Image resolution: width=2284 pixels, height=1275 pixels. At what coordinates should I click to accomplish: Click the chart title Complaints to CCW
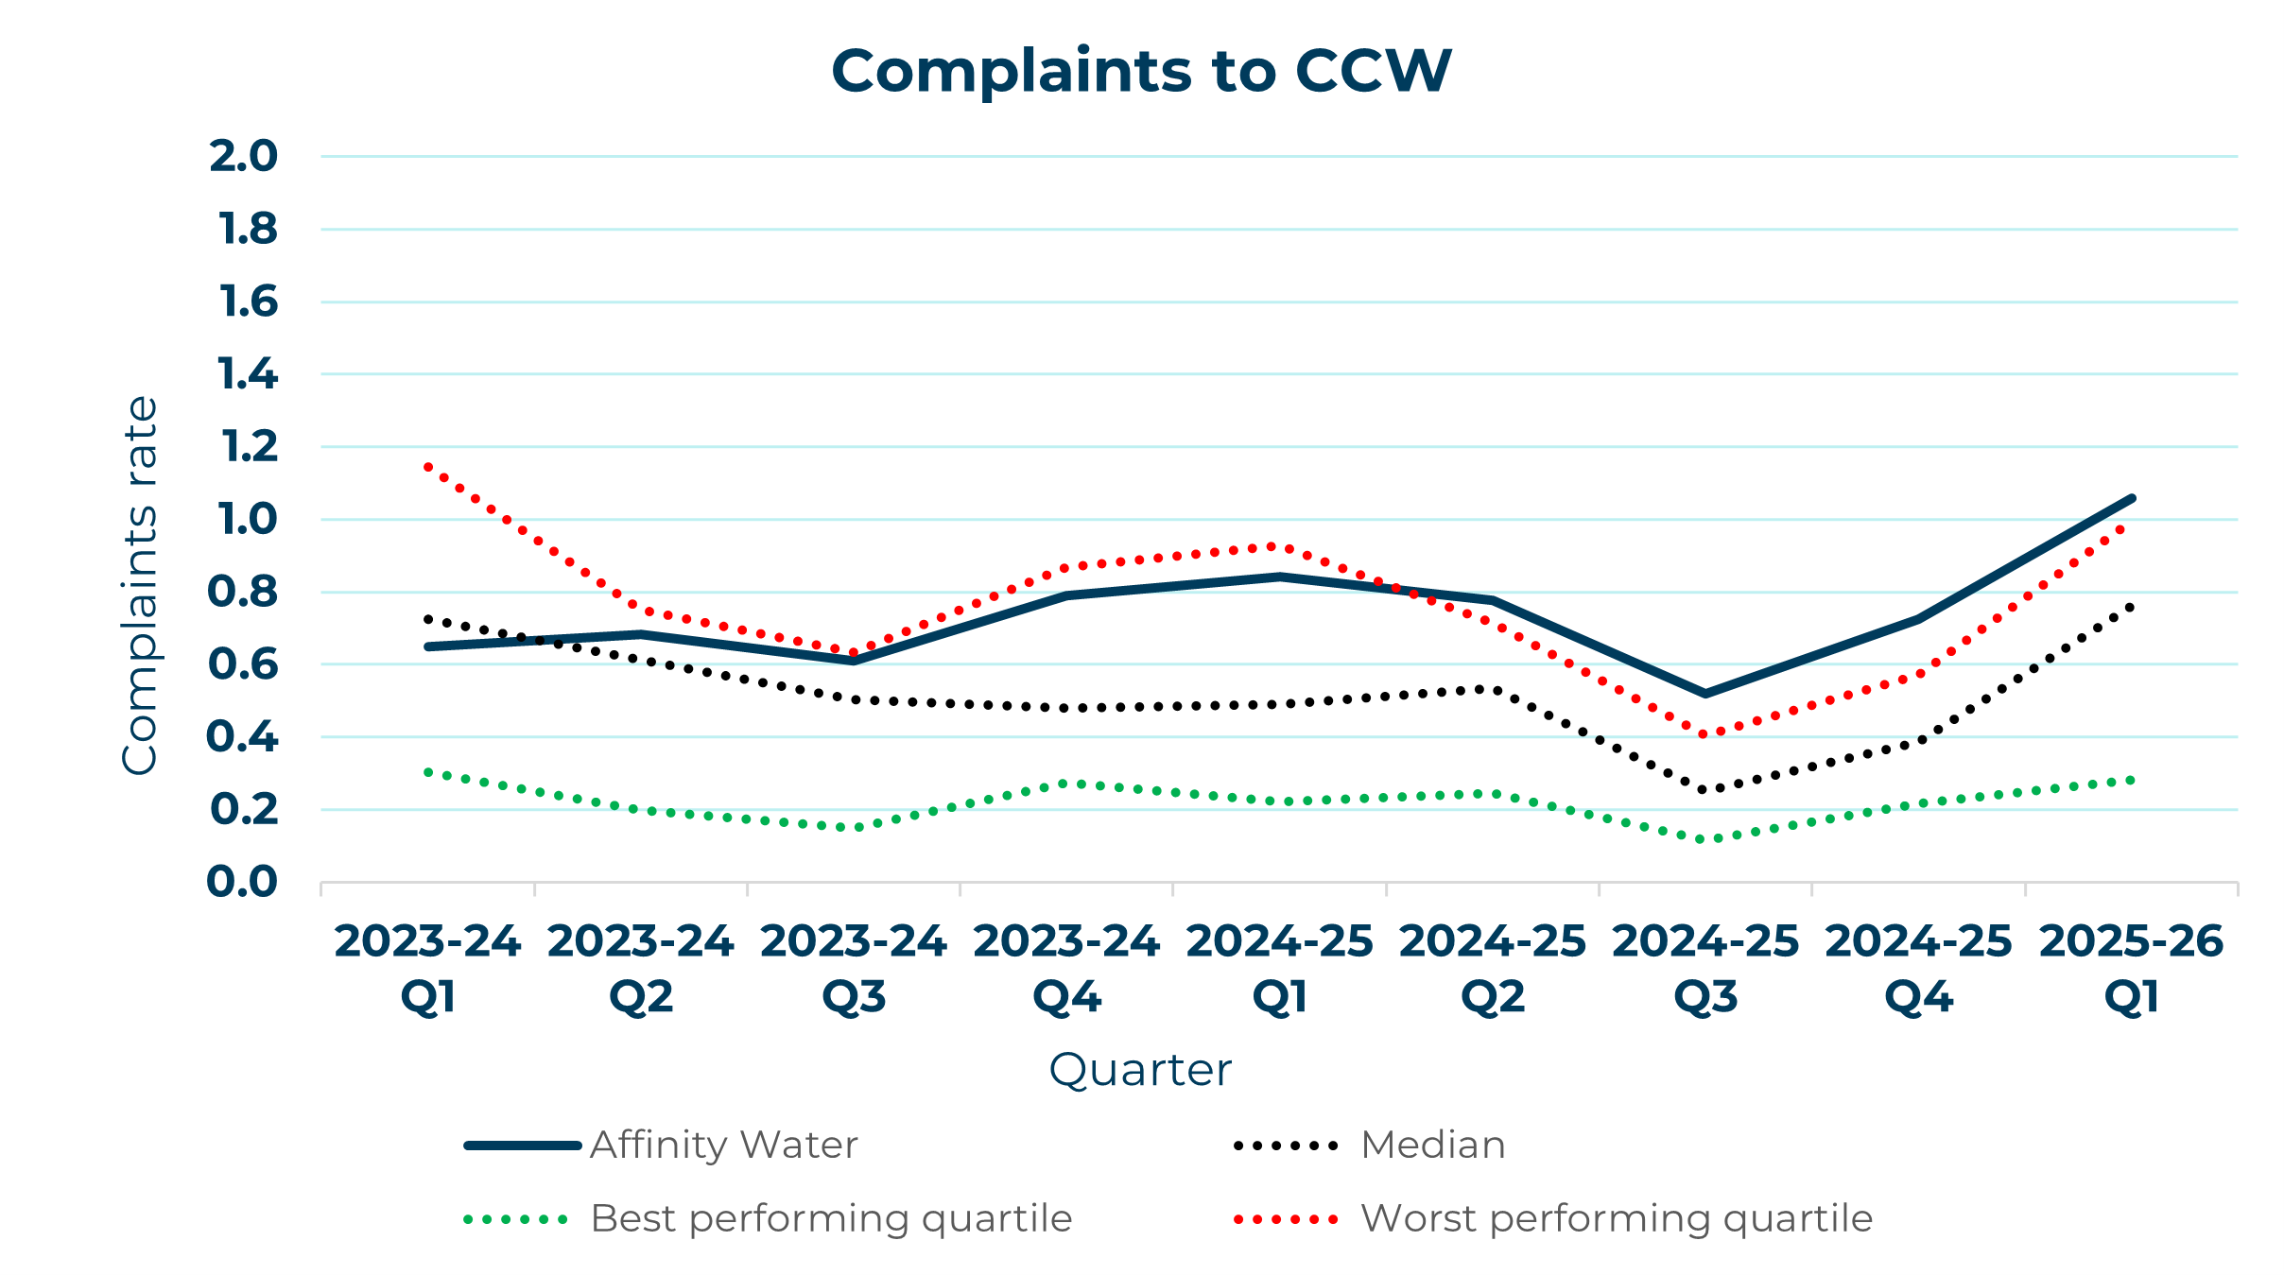coord(1141,72)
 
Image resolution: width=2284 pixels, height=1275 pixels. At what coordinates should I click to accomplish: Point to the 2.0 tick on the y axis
coord(243,157)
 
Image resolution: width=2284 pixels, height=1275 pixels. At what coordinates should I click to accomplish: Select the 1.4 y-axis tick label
coord(247,375)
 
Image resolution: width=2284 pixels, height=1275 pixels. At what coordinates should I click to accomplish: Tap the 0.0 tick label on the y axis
coord(242,883)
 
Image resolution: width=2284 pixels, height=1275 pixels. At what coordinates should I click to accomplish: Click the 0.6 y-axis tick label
coord(243,664)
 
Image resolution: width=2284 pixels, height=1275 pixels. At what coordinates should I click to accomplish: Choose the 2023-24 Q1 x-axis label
coord(427,968)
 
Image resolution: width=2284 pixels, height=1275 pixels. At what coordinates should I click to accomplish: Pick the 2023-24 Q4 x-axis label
coord(1066,968)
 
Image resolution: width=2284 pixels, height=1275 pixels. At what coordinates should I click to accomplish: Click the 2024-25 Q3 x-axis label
coord(1705,968)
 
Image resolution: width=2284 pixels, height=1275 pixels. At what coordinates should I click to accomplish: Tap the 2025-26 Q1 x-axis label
coord(2132,968)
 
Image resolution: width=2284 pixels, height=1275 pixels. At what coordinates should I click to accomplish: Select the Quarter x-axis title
coord(1141,1070)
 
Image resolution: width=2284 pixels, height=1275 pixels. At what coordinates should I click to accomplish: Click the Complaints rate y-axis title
coord(140,586)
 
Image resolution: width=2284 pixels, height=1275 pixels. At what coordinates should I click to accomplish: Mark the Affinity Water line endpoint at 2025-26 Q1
coord(2132,498)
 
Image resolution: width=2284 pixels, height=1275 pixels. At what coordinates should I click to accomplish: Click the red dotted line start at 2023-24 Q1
coord(428,466)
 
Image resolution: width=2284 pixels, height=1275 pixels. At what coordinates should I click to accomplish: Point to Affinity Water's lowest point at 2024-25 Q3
coord(1705,695)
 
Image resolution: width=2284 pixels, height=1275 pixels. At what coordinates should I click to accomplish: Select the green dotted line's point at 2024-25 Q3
coord(1705,839)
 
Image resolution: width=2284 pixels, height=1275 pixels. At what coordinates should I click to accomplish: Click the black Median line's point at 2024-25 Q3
coord(1705,790)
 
